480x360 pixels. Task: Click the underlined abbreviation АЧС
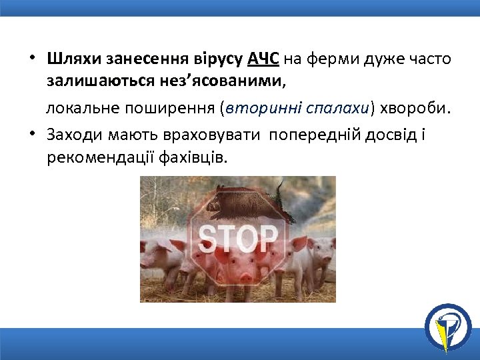point(263,59)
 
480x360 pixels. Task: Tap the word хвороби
point(414,109)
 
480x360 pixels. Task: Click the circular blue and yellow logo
point(448,326)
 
